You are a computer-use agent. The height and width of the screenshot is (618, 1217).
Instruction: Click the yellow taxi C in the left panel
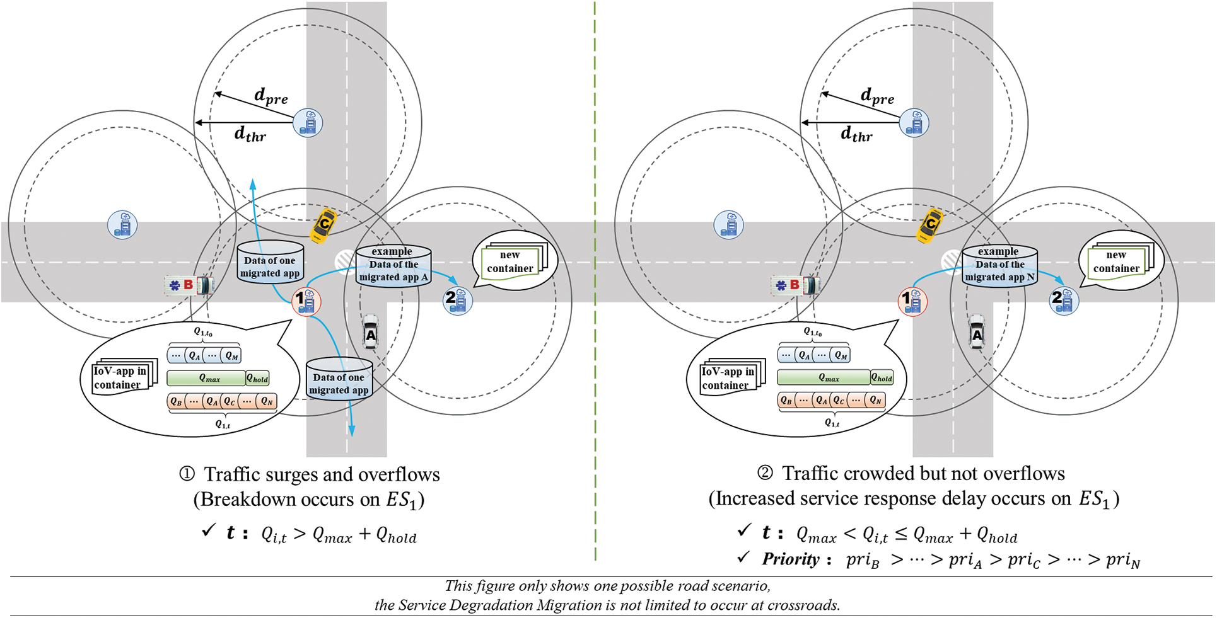pos(323,226)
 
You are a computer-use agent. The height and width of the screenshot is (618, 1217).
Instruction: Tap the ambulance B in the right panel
pos(795,285)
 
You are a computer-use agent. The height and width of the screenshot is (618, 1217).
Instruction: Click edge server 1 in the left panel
pos(306,301)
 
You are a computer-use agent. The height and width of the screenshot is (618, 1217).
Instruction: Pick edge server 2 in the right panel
pos(1064,300)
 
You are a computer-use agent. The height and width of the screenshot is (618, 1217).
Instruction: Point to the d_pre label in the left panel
pos(271,96)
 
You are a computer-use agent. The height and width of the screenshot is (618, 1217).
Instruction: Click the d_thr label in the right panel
pos(856,134)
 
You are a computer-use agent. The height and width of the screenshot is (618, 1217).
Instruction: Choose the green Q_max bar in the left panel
pos(206,378)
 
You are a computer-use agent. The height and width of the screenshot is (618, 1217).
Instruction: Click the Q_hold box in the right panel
pos(882,377)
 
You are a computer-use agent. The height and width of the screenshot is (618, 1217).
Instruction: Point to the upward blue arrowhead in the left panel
pos(253,184)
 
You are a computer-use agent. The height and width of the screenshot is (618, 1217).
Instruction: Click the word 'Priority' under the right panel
pos(790,559)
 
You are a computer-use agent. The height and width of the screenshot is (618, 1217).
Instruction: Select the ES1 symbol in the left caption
pos(402,500)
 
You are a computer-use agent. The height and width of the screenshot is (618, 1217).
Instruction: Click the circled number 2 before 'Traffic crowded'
pos(764,473)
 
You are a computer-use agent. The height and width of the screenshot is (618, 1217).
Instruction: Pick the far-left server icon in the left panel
pos(122,224)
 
